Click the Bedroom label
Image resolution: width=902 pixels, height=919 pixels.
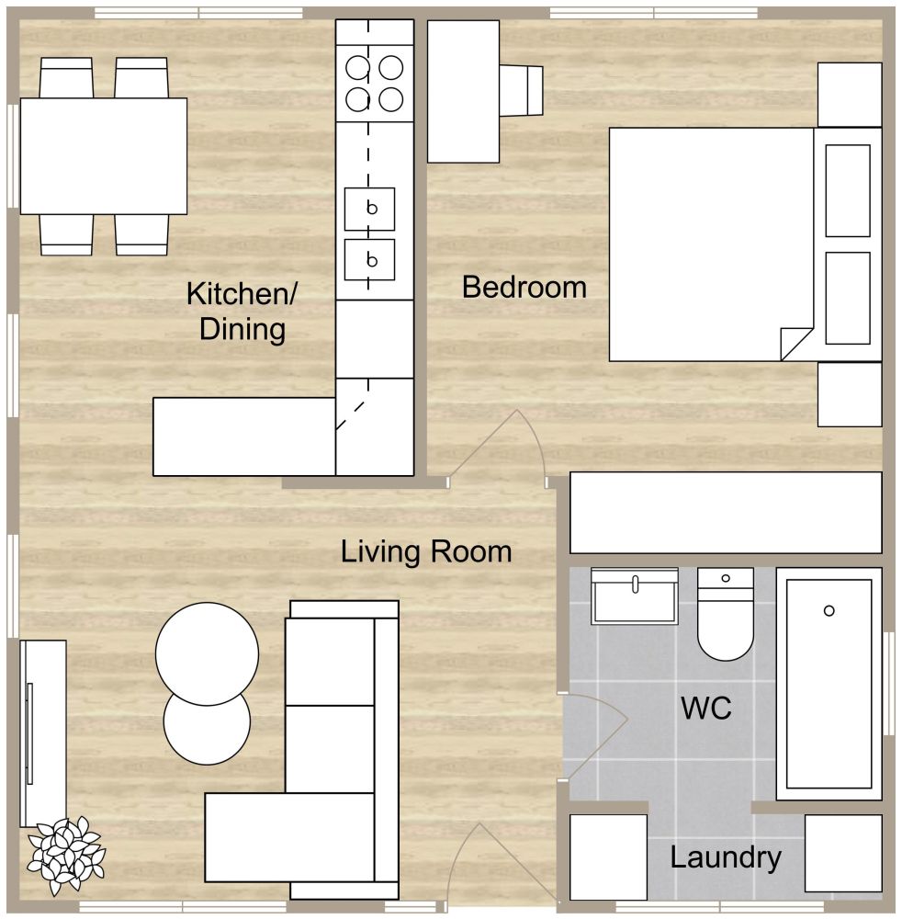point(524,288)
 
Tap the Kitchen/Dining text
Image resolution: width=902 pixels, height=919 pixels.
point(242,312)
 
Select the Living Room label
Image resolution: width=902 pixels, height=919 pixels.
point(426,552)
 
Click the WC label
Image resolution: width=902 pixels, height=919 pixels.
point(706,709)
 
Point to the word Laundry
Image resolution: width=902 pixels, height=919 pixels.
point(726,858)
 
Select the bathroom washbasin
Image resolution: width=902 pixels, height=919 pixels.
point(635,597)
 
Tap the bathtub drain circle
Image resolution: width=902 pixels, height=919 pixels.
point(829,611)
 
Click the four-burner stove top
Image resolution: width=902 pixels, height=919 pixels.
point(375,83)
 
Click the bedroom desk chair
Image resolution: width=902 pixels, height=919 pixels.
point(523,91)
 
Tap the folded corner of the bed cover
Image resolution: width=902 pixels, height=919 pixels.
point(794,345)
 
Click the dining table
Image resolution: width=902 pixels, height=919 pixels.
point(103,155)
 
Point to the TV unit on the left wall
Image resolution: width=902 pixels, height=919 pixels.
point(43,732)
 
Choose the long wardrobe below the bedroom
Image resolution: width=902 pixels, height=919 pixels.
point(726,513)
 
